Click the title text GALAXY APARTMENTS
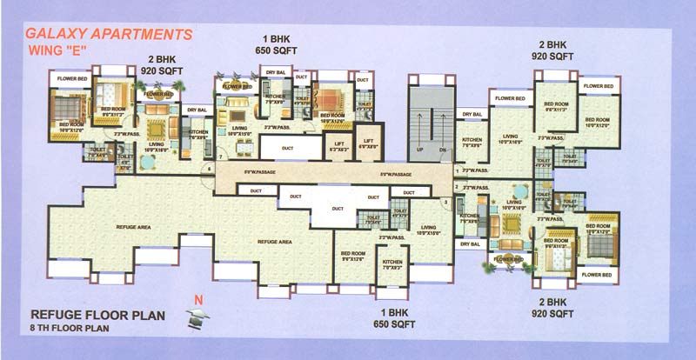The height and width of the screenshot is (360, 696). pyautogui.click(x=109, y=36)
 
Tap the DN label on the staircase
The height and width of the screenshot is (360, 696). pyautogui.click(x=442, y=150)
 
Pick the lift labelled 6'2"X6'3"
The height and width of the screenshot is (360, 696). pyautogui.click(x=338, y=147)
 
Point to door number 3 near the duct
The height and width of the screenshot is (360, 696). pyautogui.click(x=446, y=203)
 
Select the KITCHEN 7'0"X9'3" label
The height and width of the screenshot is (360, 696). pyautogui.click(x=392, y=265)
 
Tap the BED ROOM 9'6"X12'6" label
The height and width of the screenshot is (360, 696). pyautogui.click(x=351, y=257)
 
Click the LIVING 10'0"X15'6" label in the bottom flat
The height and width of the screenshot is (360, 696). pyautogui.click(x=427, y=230)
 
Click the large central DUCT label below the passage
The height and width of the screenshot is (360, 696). pyautogui.click(x=338, y=209)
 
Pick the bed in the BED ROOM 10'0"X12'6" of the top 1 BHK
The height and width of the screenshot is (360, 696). pyautogui.click(x=331, y=99)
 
